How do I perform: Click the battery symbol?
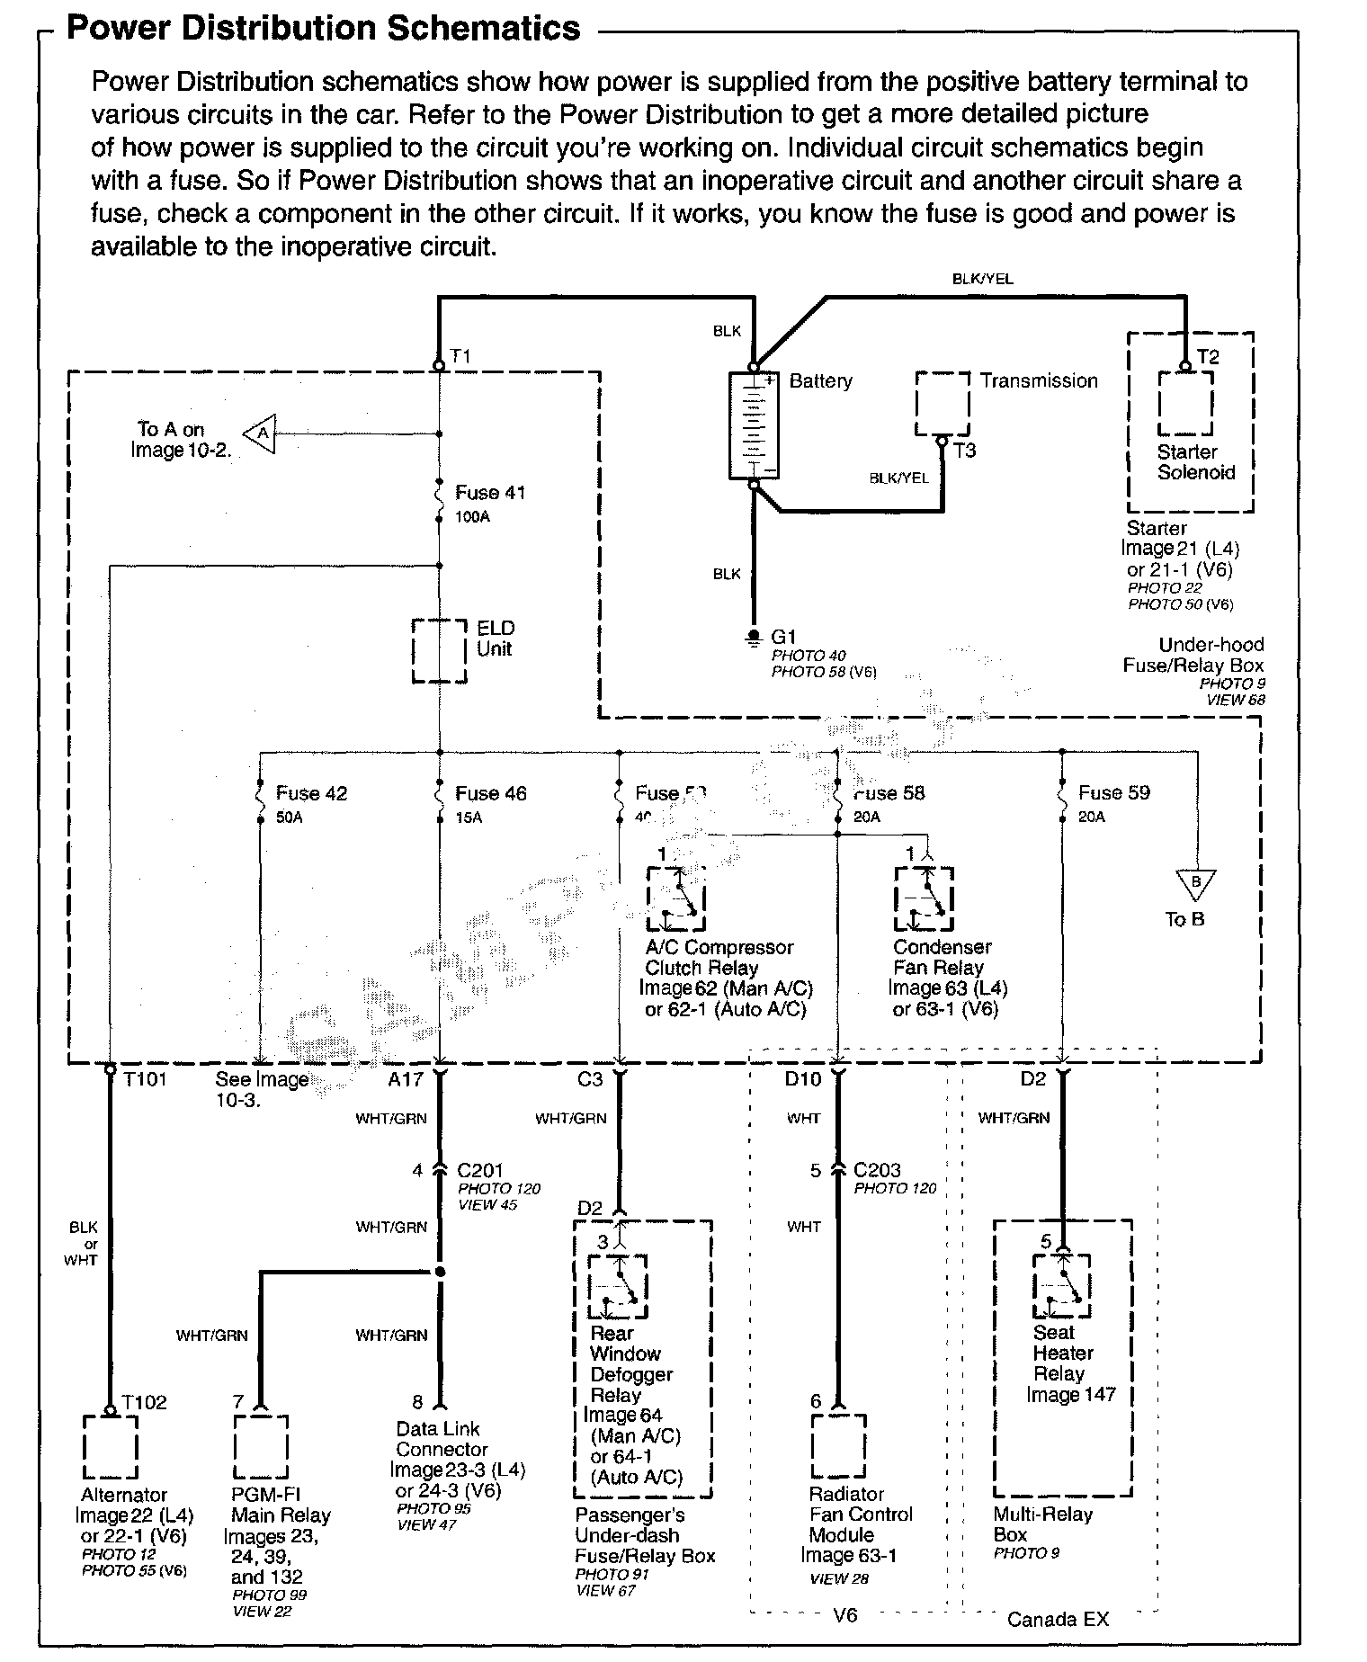coord(754,424)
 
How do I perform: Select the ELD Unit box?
coord(439,650)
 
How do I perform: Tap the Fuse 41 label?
coord(490,493)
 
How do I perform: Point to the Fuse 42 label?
coord(311,793)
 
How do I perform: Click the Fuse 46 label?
coord(491,793)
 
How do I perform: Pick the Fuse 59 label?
coord(1114,792)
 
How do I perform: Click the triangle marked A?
coord(261,433)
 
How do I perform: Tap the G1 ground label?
coord(784,637)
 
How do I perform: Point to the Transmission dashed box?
coord(943,404)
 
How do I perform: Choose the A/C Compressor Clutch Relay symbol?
coord(675,898)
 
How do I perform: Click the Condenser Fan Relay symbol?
coord(924,898)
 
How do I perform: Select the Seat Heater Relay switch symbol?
coord(1062,1284)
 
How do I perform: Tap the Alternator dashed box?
coord(110,1447)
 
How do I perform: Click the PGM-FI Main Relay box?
coord(261,1447)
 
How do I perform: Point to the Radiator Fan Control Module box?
coord(838,1447)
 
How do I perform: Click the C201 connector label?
coord(480,1170)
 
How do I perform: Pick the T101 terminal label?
coord(145,1078)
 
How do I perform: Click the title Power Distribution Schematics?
coord(324,29)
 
